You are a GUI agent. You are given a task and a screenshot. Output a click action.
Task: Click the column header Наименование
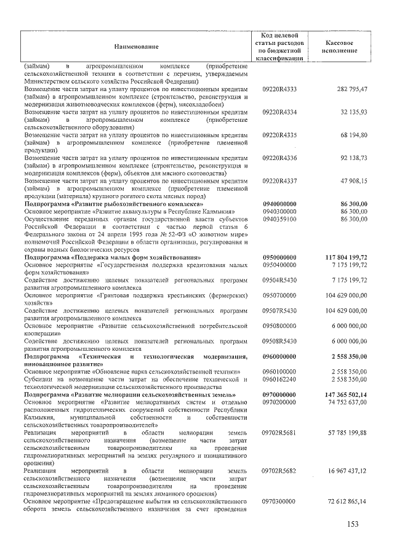[x=135, y=47]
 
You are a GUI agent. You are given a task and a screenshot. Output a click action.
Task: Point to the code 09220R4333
[x=279, y=89]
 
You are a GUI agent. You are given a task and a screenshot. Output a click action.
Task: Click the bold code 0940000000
[x=279, y=203]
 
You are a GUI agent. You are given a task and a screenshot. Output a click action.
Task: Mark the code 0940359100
[x=279, y=218]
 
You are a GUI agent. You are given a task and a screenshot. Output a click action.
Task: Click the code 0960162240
[x=279, y=379]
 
